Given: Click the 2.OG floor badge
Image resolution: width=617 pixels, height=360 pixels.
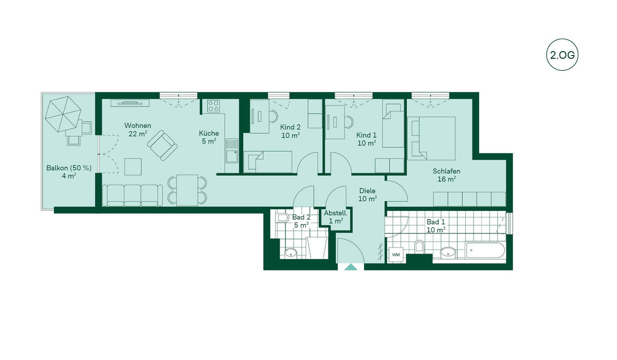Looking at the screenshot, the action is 562,55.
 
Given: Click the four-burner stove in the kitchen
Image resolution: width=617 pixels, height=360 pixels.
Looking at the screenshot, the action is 213,106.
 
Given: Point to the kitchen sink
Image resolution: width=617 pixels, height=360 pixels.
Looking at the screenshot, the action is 232,156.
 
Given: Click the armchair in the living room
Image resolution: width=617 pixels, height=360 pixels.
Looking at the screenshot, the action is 162,146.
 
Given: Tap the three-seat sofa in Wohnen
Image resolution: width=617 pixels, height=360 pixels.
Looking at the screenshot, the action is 132,195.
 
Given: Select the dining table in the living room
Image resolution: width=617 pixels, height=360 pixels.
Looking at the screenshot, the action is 187,190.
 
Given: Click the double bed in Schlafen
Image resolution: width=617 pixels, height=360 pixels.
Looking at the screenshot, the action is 431,138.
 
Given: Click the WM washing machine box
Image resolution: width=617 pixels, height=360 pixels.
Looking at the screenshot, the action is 396,255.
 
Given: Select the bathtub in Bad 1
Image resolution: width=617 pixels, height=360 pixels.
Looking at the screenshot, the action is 485,250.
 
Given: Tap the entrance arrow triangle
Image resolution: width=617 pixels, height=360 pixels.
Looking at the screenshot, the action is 351,267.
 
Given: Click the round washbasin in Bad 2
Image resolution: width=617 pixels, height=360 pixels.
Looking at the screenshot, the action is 291,253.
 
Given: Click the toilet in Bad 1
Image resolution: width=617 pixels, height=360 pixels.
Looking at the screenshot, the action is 419,246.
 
